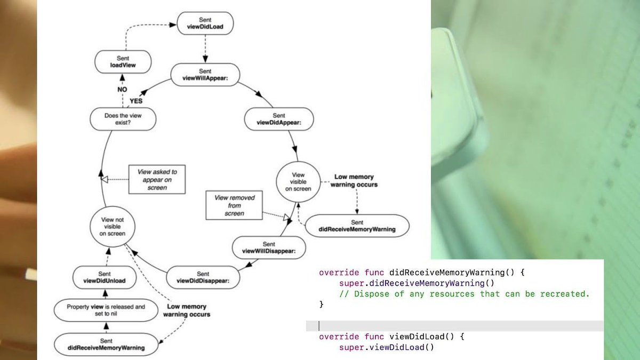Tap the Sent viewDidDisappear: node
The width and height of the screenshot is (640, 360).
point(203,277)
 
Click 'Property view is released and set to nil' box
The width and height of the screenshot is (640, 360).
point(106,311)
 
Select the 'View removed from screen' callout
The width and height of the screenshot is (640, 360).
point(234,205)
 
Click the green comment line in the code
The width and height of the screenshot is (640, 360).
point(464,294)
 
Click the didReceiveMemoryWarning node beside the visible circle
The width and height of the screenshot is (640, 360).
point(357,226)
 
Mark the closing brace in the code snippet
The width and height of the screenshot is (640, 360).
point(321,305)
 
